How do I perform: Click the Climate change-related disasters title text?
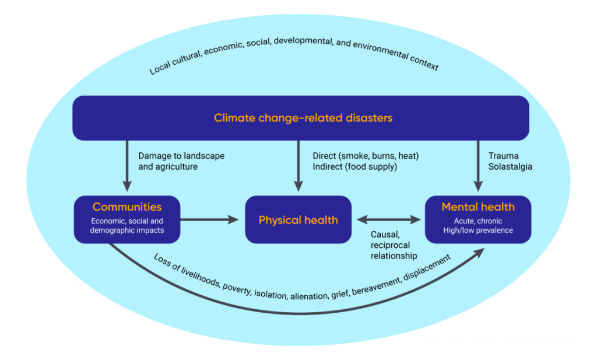303,118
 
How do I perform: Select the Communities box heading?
127,207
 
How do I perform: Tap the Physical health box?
298,220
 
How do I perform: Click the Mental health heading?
477,207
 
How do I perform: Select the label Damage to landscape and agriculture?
181,161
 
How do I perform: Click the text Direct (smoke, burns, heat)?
366,156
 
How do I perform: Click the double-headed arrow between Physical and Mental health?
388,220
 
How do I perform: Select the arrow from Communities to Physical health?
209,220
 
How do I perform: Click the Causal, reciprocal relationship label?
394,244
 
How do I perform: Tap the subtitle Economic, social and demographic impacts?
127,226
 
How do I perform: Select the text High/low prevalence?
477,230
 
